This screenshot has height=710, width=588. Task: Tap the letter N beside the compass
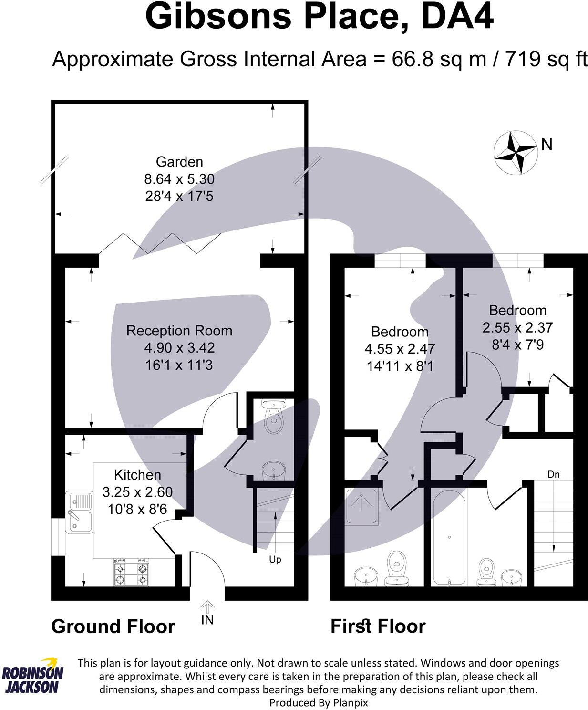(x=547, y=144)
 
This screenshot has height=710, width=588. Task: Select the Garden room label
(x=179, y=162)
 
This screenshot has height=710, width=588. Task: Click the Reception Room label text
(x=179, y=331)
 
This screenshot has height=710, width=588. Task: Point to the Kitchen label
(x=137, y=475)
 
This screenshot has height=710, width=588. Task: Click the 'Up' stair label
(x=275, y=559)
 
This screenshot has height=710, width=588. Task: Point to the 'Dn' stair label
(x=553, y=474)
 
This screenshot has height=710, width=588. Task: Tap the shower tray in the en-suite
(x=361, y=506)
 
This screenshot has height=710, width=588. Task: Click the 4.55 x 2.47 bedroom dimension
(x=400, y=349)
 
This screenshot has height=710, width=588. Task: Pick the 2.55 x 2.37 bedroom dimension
(x=517, y=328)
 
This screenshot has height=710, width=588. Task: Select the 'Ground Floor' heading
(x=113, y=626)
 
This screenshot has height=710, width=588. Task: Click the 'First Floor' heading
(x=378, y=626)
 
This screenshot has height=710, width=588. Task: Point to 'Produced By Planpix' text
(x=319, y=702)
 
